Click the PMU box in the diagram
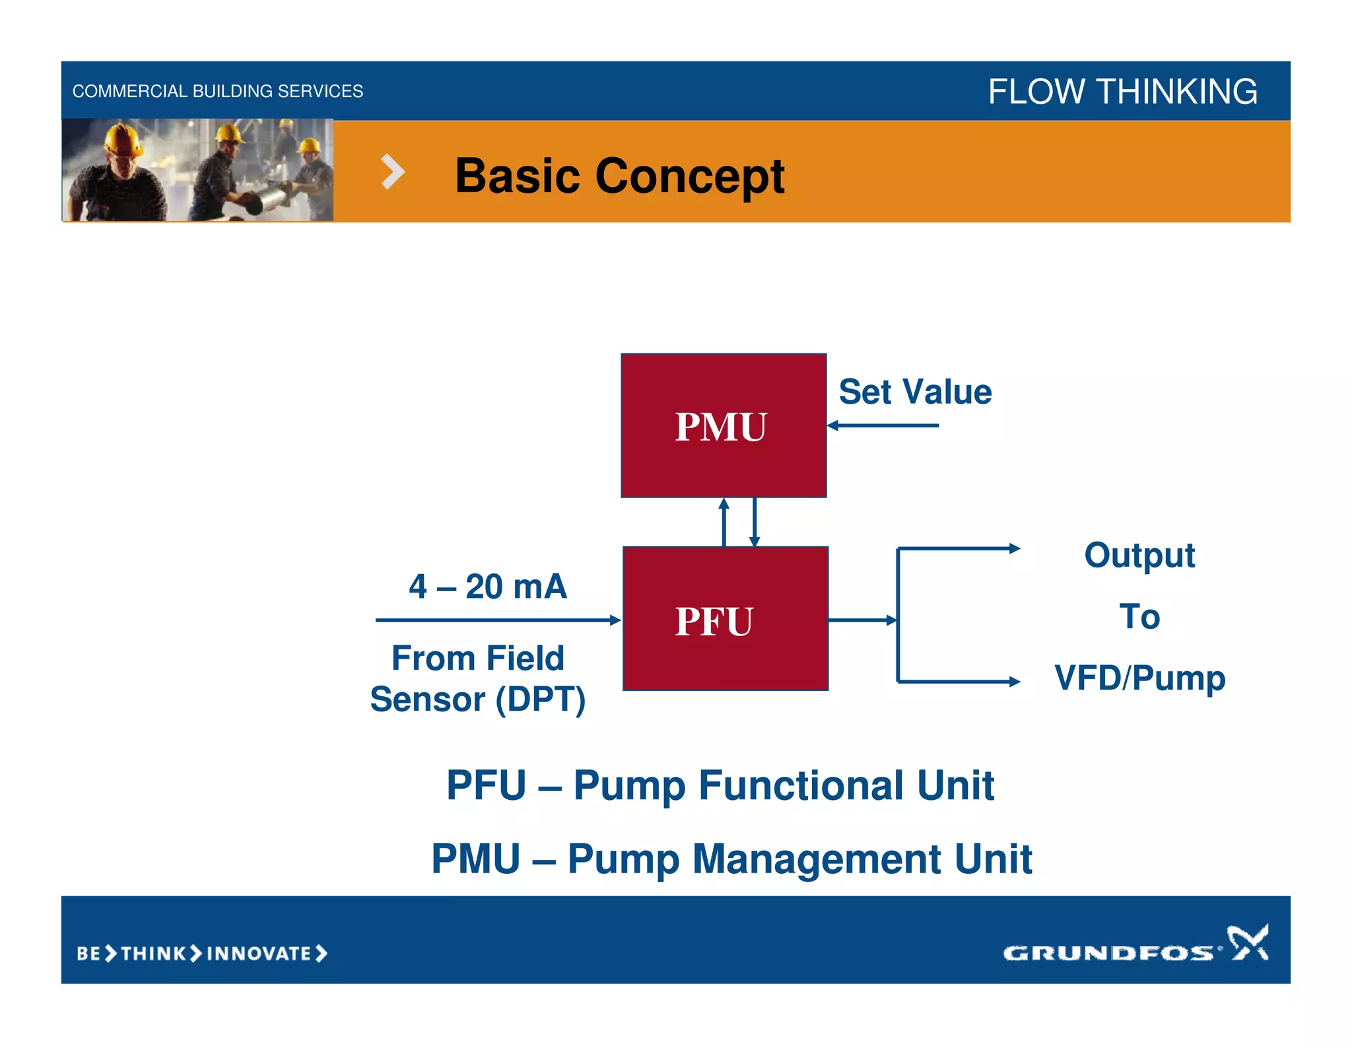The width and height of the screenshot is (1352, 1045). [724, 425]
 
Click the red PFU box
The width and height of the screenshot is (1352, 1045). [725, 619]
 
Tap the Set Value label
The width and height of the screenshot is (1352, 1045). [915, 392]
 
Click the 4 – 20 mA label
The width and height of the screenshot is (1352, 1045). [488, 587]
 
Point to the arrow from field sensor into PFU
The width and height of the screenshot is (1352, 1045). [498, 620]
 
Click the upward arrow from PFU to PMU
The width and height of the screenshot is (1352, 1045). [724, 522]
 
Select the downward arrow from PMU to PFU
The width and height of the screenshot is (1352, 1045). [755, 522]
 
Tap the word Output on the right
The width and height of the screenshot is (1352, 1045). [1139, 555]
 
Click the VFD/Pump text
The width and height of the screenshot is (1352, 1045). [1139, 678]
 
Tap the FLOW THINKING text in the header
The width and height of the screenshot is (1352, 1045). [1122, 91]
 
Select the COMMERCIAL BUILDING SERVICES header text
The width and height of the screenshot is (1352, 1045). [217, 91]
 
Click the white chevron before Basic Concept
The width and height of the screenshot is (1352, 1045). [392, 172]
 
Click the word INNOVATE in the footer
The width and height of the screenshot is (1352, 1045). [259, 953]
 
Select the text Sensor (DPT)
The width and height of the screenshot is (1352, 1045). [477, 700]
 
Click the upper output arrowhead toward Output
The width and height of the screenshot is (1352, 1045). [1014, 548]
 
